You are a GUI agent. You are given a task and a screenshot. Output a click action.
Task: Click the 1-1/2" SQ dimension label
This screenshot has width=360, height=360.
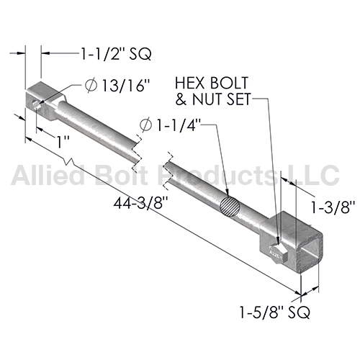(x=116, y=54)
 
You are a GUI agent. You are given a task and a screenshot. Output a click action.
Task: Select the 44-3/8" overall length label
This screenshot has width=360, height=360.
(x=140, y=203)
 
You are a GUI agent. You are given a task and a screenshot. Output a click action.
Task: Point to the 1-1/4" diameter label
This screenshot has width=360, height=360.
(x=178, y=125)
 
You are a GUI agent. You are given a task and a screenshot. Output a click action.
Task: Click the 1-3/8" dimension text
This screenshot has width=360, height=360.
(x=333, y=207)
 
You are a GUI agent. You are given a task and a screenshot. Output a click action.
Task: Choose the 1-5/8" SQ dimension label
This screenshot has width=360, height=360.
(x=275, y=312)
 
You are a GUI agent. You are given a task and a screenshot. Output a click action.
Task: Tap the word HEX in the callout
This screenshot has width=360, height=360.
(x=189, y=84)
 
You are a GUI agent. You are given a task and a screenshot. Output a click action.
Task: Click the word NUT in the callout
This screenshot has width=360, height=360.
(x=207, y=99)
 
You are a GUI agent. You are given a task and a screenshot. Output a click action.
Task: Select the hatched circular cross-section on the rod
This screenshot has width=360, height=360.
(x=230, y=207)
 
